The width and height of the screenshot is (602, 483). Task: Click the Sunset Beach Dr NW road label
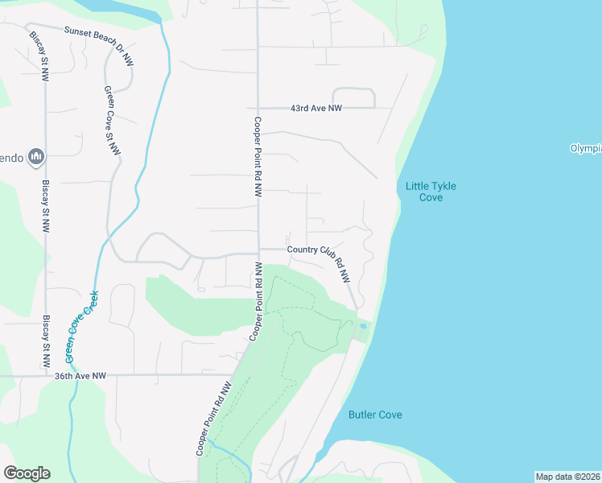click(99, 44)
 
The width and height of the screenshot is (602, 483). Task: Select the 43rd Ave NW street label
click(316, 108)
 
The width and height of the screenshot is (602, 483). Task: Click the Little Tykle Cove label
click(431, 192)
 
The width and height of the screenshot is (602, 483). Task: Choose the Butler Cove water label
click(375, 415)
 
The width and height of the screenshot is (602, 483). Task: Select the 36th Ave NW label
click(80, 375)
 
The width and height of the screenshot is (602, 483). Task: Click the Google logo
click(27, 473)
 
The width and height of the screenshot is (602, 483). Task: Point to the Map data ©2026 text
click(568, 477)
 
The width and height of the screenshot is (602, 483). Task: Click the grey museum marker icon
click(35, 155)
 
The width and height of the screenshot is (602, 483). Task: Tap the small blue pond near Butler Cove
click(364, 326)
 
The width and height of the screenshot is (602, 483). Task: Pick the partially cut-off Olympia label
click(586, 148)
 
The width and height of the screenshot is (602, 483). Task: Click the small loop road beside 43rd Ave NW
click(354, 97)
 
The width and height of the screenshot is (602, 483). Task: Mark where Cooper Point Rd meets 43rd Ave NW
click(258, 108)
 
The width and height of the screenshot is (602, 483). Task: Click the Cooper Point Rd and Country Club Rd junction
click(258, 251)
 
